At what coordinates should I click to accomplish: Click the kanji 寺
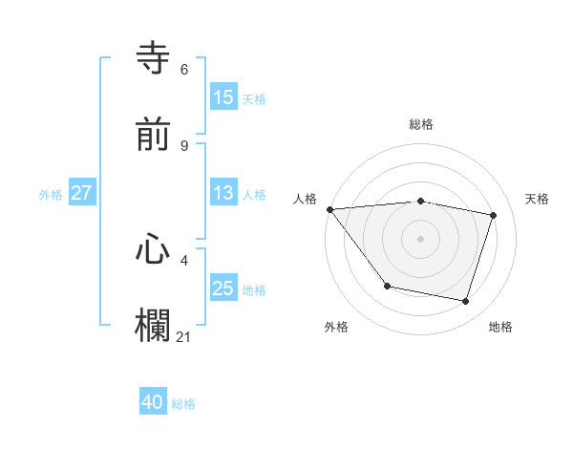point(153,59)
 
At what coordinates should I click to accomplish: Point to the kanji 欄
point(153,325)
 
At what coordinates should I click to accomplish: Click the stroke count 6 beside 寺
point(183,70)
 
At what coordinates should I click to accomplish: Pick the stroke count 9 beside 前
point(183,145)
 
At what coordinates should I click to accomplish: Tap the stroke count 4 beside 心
point(183,259)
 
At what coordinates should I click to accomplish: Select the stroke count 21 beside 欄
point(183,335)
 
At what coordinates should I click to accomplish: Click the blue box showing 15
point(223,97)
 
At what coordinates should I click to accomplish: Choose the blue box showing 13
point(223,193)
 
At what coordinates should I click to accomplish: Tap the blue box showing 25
point(223,289)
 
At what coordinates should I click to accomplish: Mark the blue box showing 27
point(82,193)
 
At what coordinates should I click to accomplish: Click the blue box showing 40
point(153,402)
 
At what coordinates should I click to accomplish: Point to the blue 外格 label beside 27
point(51,194)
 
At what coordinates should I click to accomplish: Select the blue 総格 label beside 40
point(183,404)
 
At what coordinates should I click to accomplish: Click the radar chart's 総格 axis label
point(421,124)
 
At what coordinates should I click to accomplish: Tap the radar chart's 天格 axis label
point(538,199)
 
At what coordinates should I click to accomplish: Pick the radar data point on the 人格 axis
point(329,209)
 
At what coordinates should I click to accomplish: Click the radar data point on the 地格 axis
point(466,302)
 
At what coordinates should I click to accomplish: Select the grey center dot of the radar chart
point(421,239)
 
